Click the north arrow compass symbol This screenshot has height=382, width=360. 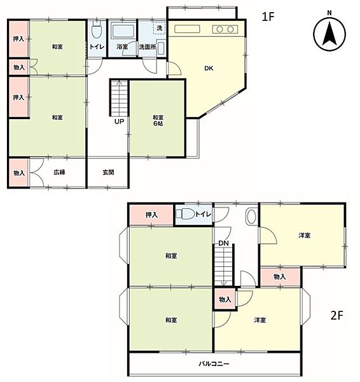329,34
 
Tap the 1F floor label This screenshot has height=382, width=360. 268,17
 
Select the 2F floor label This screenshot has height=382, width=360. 337,315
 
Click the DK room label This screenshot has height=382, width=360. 209,69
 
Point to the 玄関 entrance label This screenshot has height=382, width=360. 108,173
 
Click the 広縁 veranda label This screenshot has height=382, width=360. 59,173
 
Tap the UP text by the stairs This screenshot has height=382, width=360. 120,122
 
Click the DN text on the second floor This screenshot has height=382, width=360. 223,243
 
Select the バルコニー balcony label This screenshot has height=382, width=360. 214,364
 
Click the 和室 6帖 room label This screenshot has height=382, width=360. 158,120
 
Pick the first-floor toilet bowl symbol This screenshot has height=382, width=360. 97,30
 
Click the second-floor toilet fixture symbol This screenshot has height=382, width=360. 185,214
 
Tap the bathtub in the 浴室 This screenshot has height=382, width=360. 123,31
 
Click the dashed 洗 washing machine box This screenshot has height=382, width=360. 159,28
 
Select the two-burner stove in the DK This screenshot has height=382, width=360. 225,29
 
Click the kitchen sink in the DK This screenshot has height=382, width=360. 187,29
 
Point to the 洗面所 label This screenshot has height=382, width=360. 148,46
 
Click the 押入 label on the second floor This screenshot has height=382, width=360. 151,215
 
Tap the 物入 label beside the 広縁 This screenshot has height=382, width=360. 19,173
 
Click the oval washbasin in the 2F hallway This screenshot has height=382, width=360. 251,216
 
